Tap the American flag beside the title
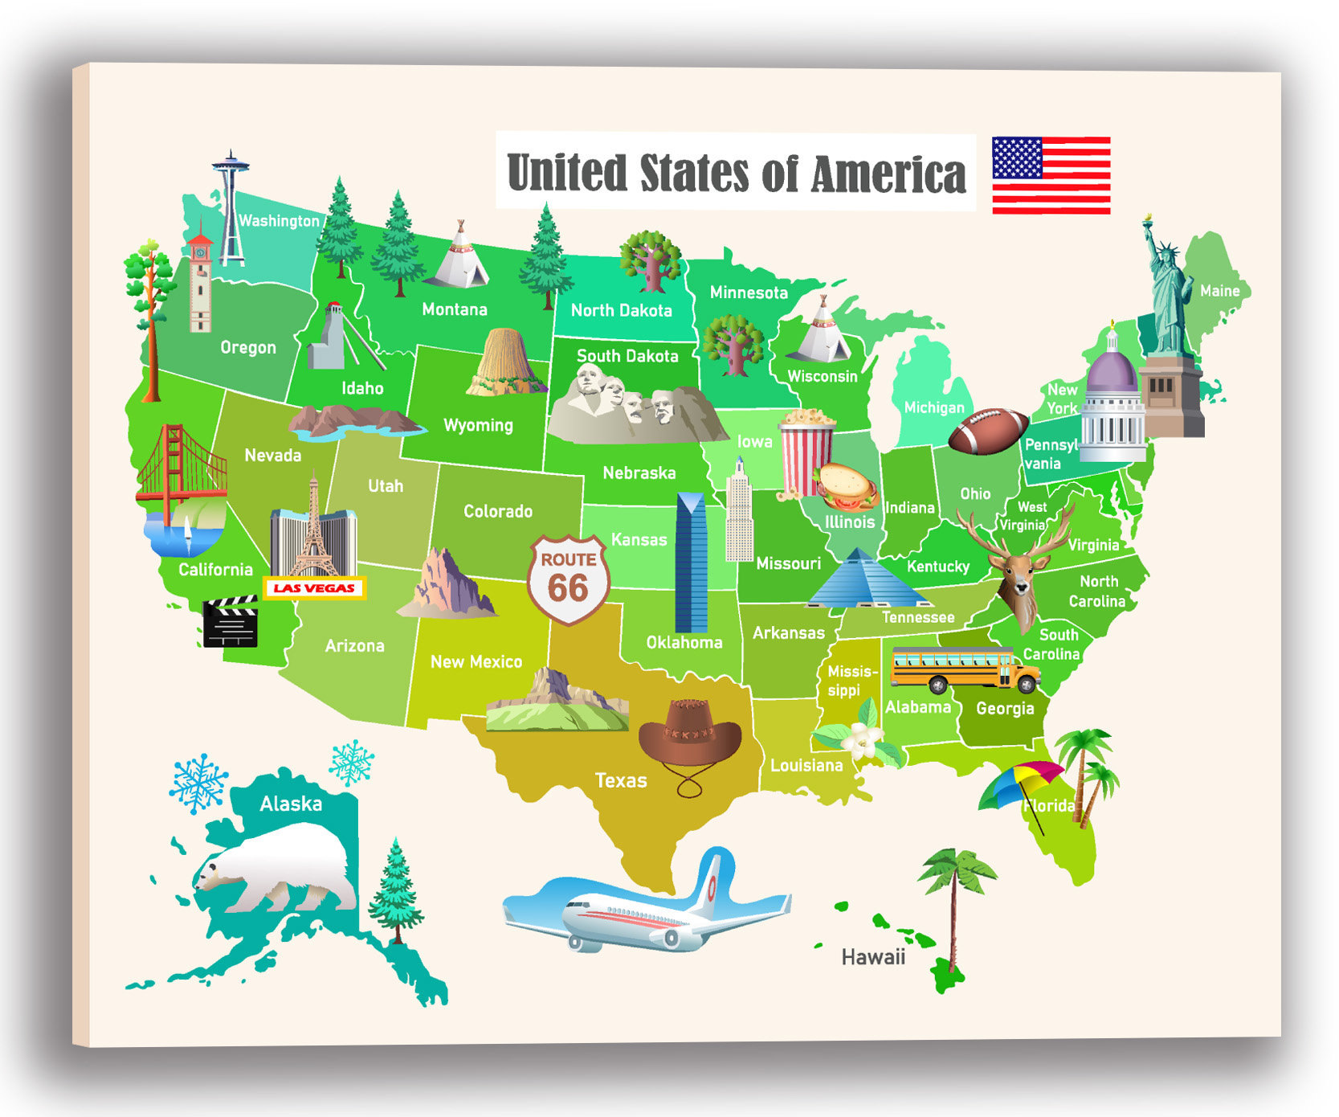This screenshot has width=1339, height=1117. [x=1051, y=175]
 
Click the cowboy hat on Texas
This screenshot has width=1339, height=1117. [x=690, y=734]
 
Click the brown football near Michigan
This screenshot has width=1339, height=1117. [x=988, y=431]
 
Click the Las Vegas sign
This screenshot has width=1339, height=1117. [x=314, y=588]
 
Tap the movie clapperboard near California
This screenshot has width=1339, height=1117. [x=231, y=622]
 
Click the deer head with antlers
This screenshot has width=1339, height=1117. [x=1017, y=567]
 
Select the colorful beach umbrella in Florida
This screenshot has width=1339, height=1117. [x=1020, y=785]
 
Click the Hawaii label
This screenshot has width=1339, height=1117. [x=872, y=957]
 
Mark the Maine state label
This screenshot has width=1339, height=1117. [x=1219, y=291]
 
